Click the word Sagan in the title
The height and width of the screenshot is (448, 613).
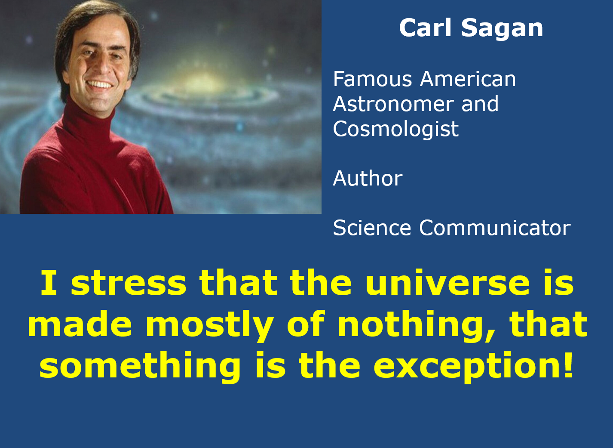pyautogui.click(x=502, y=29)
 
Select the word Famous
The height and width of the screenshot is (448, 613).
pyautogui.click(x=372, y=79)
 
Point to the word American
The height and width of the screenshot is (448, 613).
pyautogui.click(x=468, y=79)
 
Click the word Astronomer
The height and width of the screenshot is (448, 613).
pyautogui.click(x=393, y=104)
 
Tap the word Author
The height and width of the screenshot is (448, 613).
pyautogui.click(x=368, y=179)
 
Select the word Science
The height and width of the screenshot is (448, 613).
pyautogui.click(x=372, y=228)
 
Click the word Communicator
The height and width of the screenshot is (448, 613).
pyautogui.click(x=495, y=228)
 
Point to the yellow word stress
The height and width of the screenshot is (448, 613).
pyautogui.click(x=129, y=283)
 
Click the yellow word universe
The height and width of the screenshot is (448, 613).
pyautogui.click(x=447, y=283)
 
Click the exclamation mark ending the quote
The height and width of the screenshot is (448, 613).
pyautogui.click(x=567, y=365)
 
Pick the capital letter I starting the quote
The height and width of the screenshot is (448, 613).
pyautogui.click(x=49, y=283)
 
